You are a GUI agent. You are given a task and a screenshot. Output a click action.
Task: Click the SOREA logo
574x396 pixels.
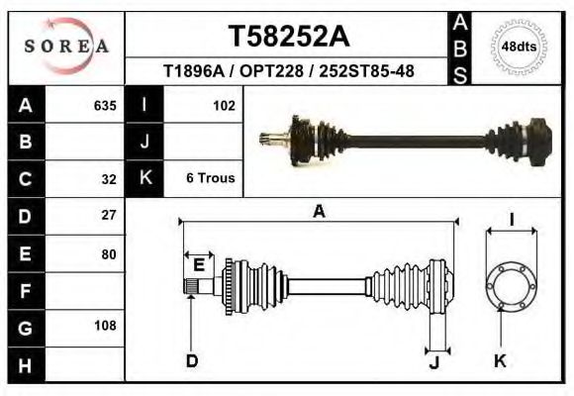[65, 47]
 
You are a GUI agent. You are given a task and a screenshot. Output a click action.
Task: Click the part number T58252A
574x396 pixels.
[288, 36]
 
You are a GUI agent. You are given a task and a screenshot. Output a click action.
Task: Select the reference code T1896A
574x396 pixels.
[195, 71]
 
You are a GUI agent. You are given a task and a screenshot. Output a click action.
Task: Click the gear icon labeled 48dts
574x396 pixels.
[520, 47]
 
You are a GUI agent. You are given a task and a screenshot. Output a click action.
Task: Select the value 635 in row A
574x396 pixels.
[105, 106]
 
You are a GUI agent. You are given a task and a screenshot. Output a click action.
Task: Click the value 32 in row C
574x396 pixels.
[109, 179]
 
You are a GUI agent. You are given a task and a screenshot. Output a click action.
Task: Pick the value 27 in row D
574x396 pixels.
[109, 215]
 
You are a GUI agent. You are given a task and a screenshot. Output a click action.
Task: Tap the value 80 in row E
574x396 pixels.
[109, 253]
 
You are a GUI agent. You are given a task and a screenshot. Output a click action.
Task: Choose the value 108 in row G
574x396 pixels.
[105, 326]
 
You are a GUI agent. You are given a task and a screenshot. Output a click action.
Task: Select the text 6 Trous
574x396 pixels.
[211, 178]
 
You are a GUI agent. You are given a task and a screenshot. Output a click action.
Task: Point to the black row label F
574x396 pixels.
[26, 290]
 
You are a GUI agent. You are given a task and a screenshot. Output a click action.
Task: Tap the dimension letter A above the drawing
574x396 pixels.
[319, 211]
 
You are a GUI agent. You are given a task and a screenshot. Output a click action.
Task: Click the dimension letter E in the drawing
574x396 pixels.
[199, 264]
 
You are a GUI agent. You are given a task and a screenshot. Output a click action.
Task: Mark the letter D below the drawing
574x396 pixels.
[192, 361]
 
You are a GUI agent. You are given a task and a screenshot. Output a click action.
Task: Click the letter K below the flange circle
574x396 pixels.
[500, 361]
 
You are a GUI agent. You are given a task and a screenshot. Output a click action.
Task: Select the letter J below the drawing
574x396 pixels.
[433, 361]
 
